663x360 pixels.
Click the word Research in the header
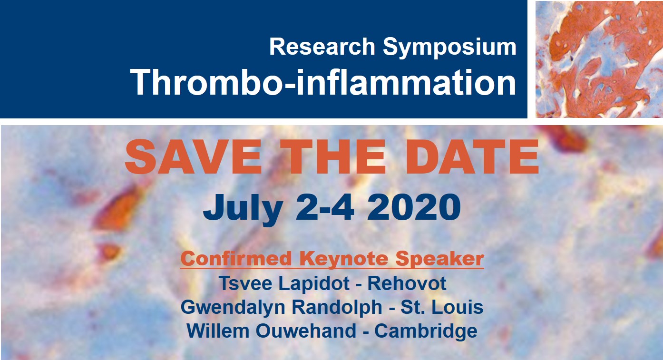click(x=322, y=47)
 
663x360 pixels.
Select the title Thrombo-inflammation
click(x=323, y=82)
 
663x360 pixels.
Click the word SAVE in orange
click(x=194, y=157)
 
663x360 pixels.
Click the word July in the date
click(x=243, y=208)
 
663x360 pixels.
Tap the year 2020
click(x=413, y=207)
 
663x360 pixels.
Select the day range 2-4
click(x=325, y=207)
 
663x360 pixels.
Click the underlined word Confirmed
click(x=236, y=258)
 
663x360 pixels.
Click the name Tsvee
click(x=245, y=283)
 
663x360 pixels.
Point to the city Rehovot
click(x=407, y=283)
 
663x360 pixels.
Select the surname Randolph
click(x=337, y=307)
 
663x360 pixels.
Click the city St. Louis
click(x=442, y=307)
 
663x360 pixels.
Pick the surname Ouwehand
click(x=306, y=331)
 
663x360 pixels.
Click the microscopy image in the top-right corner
click(x=599, y=59)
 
